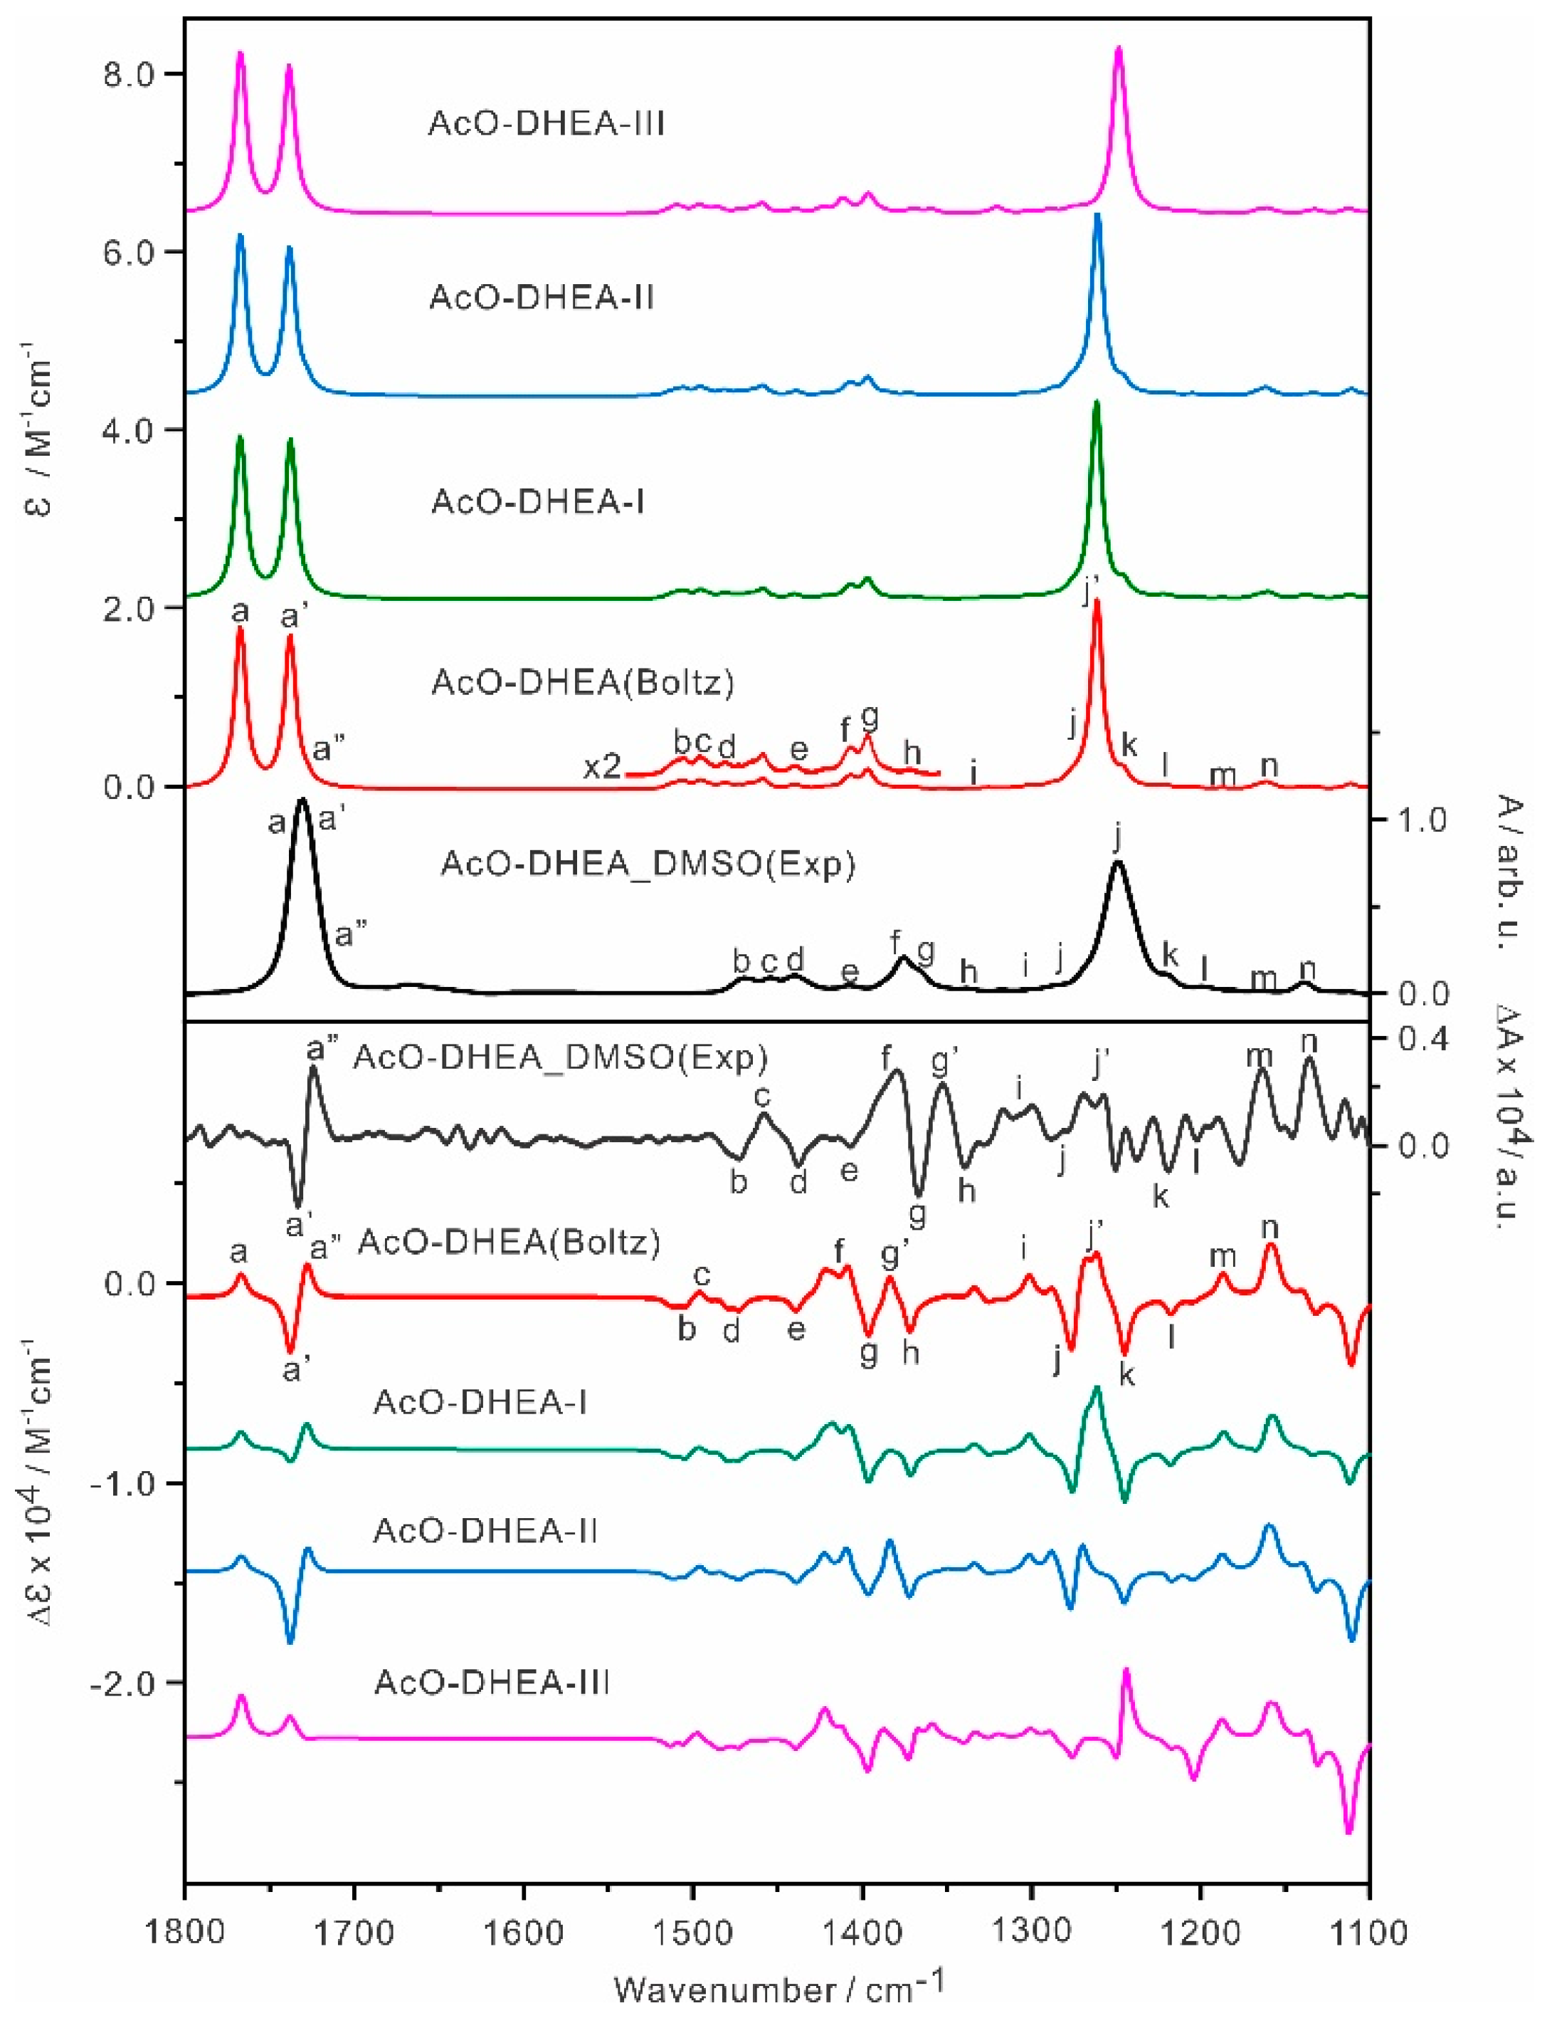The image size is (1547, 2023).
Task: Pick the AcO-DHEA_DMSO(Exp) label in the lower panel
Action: click(561, 1058)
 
